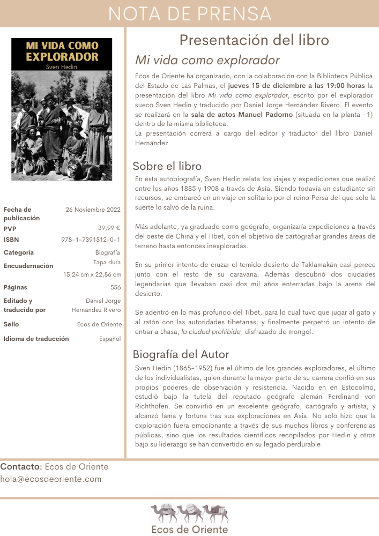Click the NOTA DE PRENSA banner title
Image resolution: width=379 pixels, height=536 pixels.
(189, 13)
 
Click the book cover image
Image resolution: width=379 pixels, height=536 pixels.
(62, 109)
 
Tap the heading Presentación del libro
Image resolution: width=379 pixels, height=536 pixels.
(254, 40)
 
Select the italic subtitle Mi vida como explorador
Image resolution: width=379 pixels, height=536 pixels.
(207, 59)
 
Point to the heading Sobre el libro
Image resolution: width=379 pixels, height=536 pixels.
(167, 166)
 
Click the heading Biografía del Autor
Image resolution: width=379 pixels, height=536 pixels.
(181, 354)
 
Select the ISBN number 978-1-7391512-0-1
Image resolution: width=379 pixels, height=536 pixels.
(91, 240)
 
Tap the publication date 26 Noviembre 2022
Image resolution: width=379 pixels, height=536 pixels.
(93, 210)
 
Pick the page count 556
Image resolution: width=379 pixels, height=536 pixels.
(115, 287)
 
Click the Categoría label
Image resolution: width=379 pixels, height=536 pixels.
(19, 252)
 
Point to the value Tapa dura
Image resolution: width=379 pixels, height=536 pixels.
(107, 263)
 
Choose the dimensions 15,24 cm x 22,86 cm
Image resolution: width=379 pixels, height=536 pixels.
(92, 275)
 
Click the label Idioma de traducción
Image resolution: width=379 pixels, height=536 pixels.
(36, 339)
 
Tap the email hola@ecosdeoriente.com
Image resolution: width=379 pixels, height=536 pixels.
(51, 479)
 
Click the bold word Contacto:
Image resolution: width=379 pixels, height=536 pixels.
(21, 466)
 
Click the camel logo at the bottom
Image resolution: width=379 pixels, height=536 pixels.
(189, 513)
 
